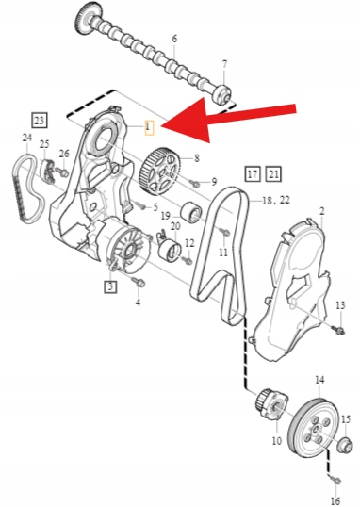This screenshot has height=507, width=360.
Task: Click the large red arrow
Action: coord(226,120)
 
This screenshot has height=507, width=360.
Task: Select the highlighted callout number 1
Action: coord(148,127)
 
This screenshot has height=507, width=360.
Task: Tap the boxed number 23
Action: coord(40,121)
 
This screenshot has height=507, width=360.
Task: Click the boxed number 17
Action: coord(253,174)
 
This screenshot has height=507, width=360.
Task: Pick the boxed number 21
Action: coord(273,174)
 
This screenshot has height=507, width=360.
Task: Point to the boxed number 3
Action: coord(110,286)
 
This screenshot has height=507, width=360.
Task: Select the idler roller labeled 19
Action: coord(190,212)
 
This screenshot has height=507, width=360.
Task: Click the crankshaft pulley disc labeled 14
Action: coord(313,429)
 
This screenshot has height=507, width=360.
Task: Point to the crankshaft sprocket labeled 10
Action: coord(271,403)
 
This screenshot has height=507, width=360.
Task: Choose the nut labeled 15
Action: coord(345,443)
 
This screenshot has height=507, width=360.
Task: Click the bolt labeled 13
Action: coord(338,330)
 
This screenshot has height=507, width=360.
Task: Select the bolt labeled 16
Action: coord(335,481)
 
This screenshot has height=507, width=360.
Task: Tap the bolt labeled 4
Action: coord(139,282)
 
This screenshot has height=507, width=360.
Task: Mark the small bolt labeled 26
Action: coord(61,172)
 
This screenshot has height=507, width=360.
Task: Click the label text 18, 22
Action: coord(276,201)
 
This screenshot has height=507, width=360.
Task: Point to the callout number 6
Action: coord(174,39)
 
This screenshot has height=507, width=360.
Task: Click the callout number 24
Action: coord(27,138)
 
